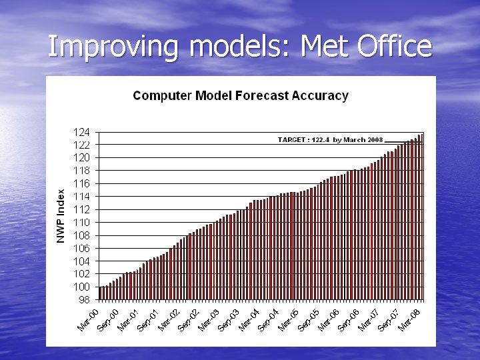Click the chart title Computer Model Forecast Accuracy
pyautogui.click(x=240, y=95)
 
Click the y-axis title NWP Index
pyautogui.click(x=61, y=216)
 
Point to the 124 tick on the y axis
pyautogui.click(x=83, y=132)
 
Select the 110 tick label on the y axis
pyautogui.click(x=83, y=223)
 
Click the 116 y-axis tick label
pyautogui.click(x=83, y=183)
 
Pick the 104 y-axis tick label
pyautogui.click(x=83, y=261)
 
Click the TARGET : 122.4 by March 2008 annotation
pyautogui.click(x=330, y=140)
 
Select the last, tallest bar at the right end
pyautogui.click(x=422, y=217)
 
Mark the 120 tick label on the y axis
pyautogui.click(x=83, y=158)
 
